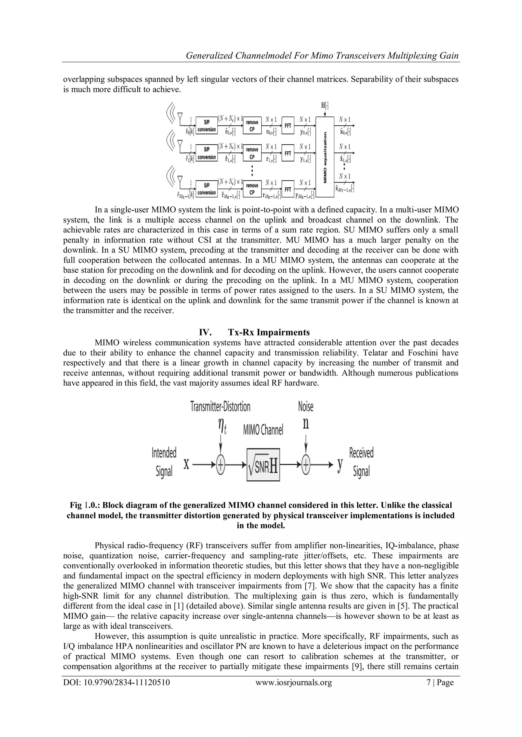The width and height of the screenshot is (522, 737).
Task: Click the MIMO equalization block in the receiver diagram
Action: [x=325, y=157]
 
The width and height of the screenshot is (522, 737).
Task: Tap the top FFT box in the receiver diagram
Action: [x=288, y=126]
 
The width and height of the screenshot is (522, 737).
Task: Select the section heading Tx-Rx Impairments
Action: [x=269, y=332]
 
